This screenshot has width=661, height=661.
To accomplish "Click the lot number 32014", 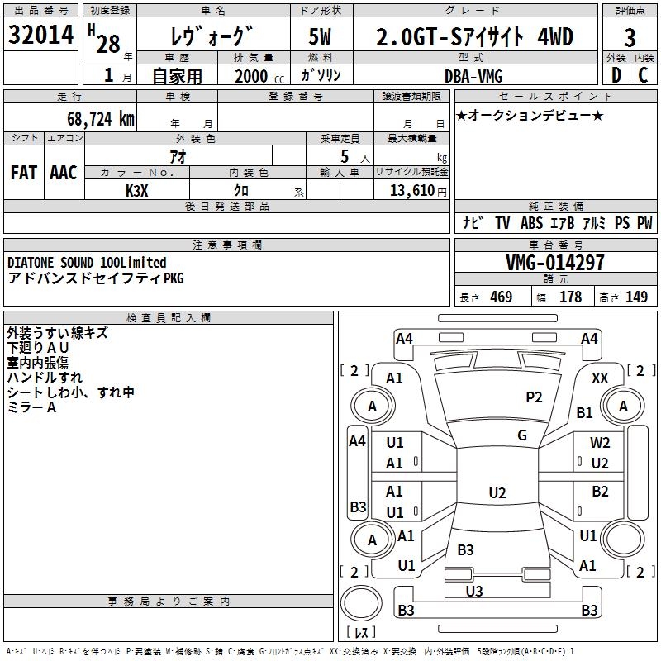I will point(40,37).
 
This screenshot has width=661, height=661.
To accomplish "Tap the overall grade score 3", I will point(630,38).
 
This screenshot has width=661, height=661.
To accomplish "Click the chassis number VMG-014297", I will point(554,263).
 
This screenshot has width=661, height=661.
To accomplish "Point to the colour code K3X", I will point(137,190).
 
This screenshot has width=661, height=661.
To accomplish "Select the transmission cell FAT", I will point(23,173).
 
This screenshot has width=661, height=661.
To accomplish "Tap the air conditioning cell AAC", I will point(64,173).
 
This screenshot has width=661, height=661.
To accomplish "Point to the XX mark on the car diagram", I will point(601,378).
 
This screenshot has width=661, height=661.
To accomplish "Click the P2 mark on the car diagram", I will point(535,397).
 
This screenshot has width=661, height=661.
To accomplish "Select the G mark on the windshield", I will point(522,435).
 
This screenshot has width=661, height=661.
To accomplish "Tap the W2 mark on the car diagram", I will point(600,443).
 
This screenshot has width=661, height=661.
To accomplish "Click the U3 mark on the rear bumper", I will point(474,591).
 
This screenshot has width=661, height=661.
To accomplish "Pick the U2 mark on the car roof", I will point(497,493).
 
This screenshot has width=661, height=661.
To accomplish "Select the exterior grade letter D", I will point(616,76).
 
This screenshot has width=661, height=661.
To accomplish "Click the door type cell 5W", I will point(321,38).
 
